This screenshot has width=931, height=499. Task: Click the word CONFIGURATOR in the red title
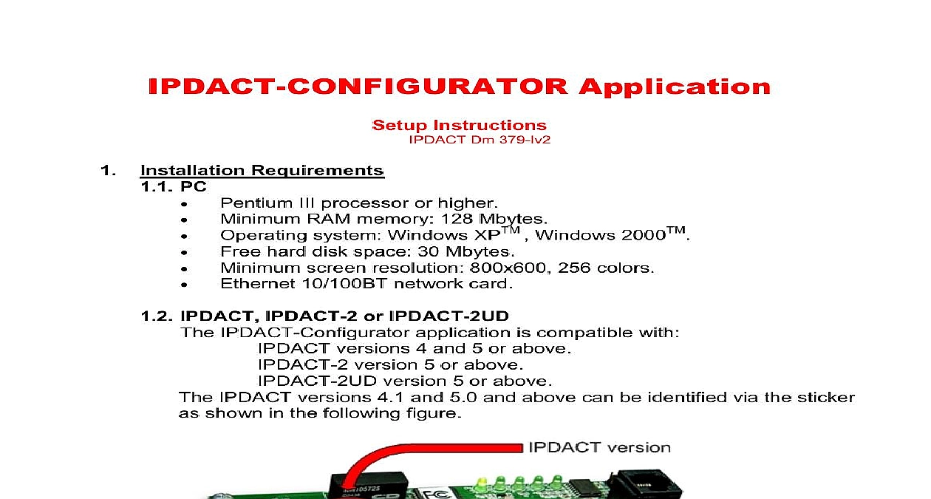point(427,86)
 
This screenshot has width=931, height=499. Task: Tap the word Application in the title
point(675,87)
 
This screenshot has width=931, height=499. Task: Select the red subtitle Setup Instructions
point(460,125)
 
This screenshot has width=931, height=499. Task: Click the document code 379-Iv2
point(525,140)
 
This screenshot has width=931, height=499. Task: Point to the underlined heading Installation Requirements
point(262,171)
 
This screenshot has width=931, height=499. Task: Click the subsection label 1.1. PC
point(174,187)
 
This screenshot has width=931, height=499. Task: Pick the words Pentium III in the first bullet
point(267,203)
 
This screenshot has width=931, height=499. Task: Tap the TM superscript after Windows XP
point(511,230)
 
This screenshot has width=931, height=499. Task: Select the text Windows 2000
point(601,235)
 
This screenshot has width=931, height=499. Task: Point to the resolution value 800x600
point(508,268)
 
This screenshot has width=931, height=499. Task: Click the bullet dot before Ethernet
point(184,285)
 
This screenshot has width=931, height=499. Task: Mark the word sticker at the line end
point(826,398)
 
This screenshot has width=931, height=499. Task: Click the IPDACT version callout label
point(599,448)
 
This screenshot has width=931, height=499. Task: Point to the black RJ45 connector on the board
point(647,484)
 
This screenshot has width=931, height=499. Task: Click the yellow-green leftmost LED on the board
point(482,483)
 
